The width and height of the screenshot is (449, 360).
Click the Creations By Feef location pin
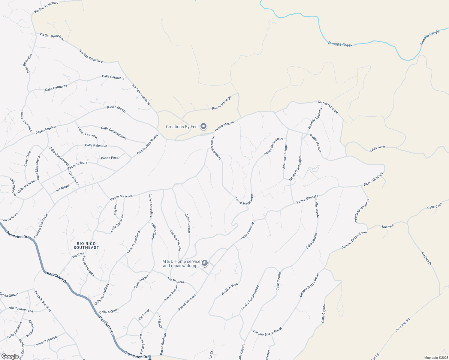[203, 126]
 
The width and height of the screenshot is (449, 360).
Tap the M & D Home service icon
[205, 263]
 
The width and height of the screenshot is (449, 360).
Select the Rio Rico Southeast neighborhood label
[86, 246]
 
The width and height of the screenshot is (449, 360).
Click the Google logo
[10, 356]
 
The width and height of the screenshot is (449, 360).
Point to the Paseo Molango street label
[221, 103]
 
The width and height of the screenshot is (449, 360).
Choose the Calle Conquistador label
[114, 133]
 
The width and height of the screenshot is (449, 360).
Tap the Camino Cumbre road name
[328, 107]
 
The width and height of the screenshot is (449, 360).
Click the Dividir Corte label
[377, 148]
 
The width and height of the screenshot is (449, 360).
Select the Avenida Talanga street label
[285, 157]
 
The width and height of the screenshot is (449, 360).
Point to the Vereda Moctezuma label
[361, 211]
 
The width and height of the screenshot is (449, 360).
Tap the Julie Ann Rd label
[402, 325]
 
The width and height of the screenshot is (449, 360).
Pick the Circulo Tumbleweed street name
[249, 298]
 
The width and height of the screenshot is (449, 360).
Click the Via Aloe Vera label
[229, 289]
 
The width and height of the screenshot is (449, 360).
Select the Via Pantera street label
[176, 280]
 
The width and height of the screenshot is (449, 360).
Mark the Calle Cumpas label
[188, 223]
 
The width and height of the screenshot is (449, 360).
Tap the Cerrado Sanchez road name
[42, 301]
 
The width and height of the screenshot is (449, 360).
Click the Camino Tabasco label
[45, 341]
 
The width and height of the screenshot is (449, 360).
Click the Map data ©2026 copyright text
[436, 358]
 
